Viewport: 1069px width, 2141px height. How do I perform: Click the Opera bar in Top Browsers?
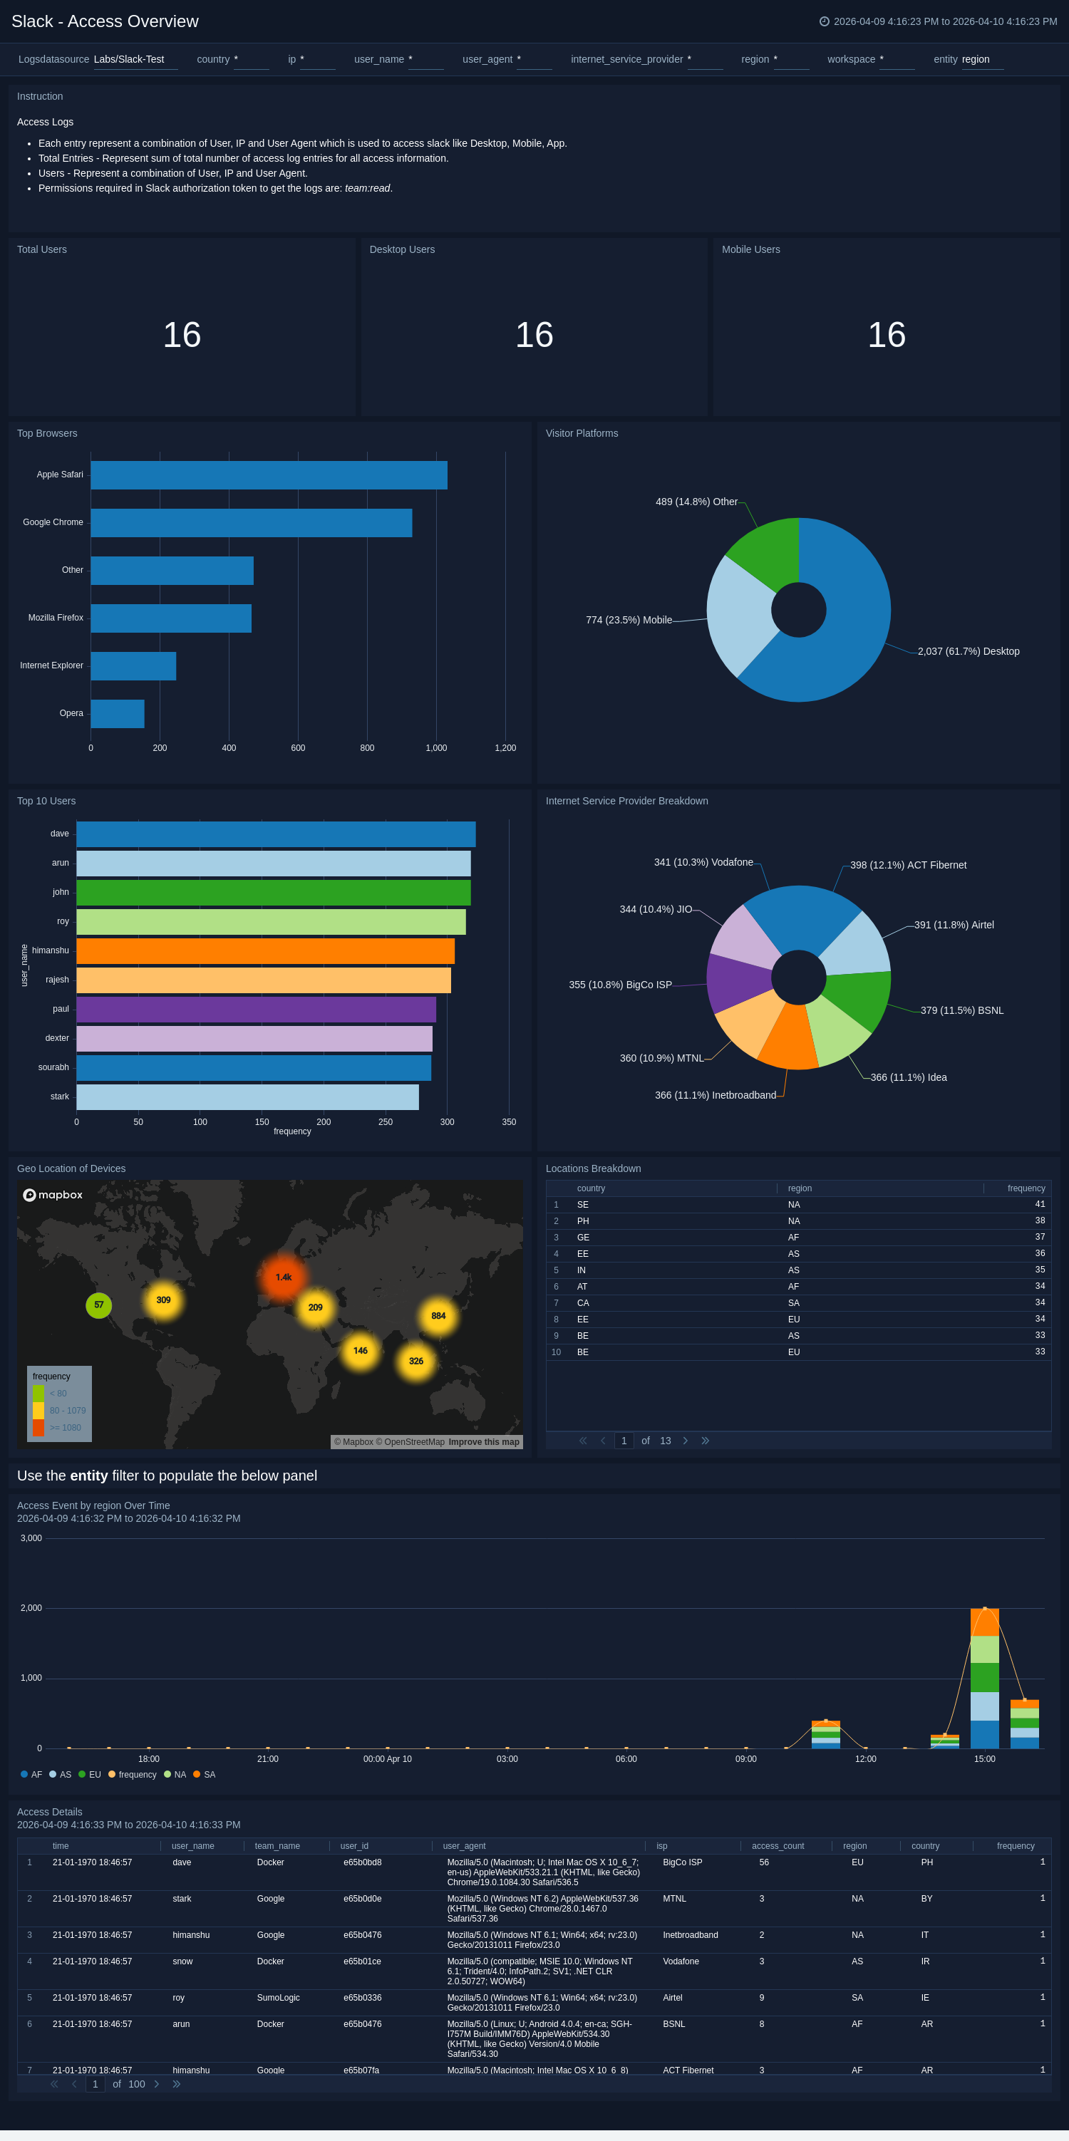tap(117, 713)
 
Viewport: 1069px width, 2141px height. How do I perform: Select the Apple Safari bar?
tap(269, 475)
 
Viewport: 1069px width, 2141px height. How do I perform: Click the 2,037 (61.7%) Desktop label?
tap(968, 652)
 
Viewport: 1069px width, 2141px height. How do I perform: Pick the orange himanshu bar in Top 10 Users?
tap(265, 951)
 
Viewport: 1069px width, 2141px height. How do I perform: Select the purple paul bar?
tap(256, 1009)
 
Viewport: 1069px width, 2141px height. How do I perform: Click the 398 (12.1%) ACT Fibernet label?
tap(908, 865)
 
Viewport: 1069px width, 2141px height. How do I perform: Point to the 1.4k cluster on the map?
tap(284, 1277)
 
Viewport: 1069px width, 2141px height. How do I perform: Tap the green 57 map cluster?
tap(99, 1305)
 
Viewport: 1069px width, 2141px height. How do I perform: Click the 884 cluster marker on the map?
tap(438, 1316)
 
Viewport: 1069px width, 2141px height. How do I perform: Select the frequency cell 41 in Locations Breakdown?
tap(1039, 1204)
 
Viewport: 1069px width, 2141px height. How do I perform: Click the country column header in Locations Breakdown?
tap(591, 1188)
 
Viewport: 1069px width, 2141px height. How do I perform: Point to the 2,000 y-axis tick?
tap(31, 1608)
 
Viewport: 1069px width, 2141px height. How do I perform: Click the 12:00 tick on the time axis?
tap(865, 1758)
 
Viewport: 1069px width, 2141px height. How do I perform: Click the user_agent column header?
tap(464, 1846)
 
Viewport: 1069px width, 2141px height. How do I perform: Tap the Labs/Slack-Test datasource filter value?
tap(129, 60)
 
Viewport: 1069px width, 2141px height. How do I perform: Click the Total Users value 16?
tap(182, 335)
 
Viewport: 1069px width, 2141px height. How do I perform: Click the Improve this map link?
tap(484, 1442)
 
